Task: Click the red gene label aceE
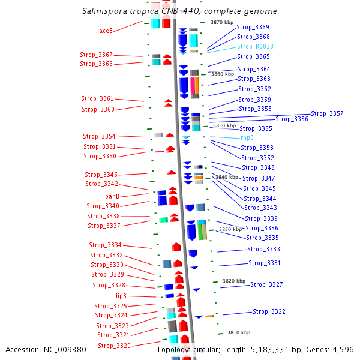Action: pos(106,31)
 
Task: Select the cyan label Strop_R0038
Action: pos(255,46)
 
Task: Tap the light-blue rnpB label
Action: pos(247,137)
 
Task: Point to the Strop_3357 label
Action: pos(327,113)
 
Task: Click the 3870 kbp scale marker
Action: pos(222,22)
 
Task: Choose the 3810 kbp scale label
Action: pos(239,332)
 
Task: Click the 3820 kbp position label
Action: pos(234,281)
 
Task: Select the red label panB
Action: pos(112,197)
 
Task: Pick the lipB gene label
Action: pos(121,296)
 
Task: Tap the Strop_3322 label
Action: pos(269,311)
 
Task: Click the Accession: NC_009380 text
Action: pos(46,350)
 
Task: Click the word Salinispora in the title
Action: pos(104,11)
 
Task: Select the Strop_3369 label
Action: pos(253,27)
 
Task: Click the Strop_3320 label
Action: pos(115,346)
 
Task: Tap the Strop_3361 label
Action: pos(97,98)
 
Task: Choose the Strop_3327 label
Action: pos(266,284)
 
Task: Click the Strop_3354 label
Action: pos(99,136)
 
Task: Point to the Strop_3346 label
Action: pos(101,175)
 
